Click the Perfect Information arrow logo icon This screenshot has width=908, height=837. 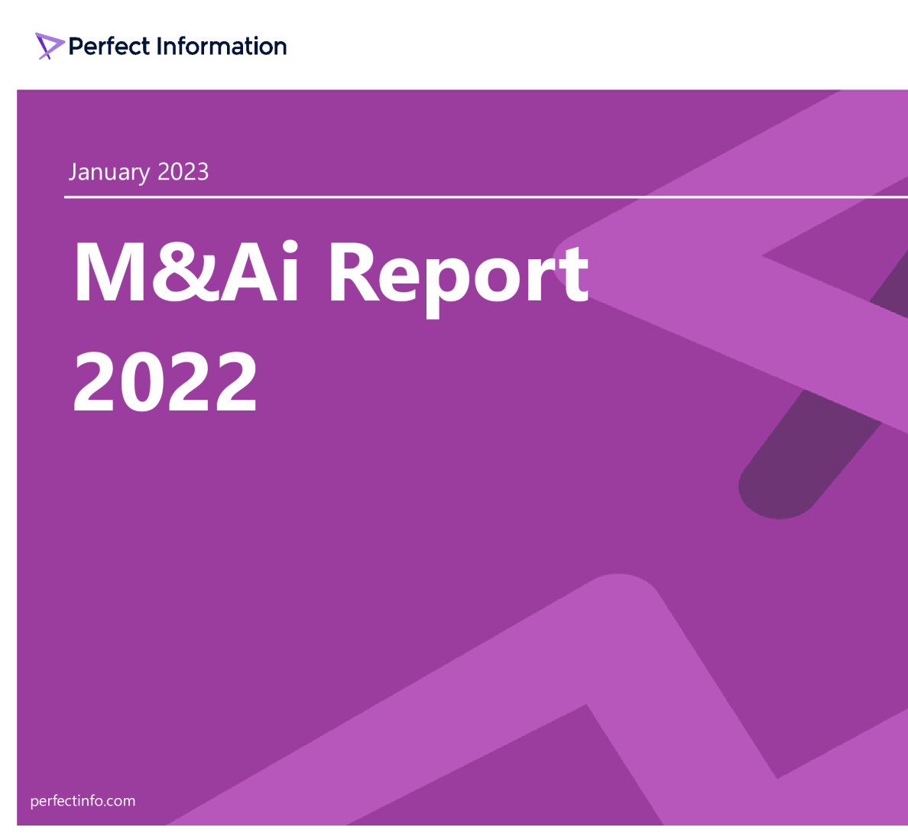pyautogui.click(x=48, y=46)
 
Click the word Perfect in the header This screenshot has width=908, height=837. pyautogui.click(x=109, y=46)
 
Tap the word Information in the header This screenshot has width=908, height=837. pyautogui.click(x=221, y=46)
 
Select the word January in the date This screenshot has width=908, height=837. pyautogui.click(x=109, y=172)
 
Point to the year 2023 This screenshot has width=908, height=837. pyautogui.click(x=183, y=171)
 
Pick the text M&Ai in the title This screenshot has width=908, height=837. pyautogui.click(x=186, y=273)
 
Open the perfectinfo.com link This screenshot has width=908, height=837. pyautogui.click(x=83, y=801)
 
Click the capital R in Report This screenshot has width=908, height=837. pyautogui.click(x=358, y=273)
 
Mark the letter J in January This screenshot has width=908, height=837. pyautogui.click(x=73, y=172)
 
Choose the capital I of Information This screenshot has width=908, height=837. pyautogui.click(x=159, y=46)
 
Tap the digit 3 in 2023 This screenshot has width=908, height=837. pyautogui.click(x=202, y=171)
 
